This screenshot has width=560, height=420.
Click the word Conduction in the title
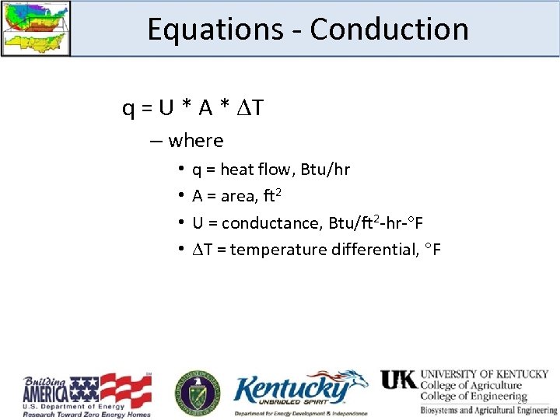(389, 30)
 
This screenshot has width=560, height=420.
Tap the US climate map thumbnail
(36, 28)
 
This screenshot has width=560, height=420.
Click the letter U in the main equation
(166, 108)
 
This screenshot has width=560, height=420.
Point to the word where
(195, 141)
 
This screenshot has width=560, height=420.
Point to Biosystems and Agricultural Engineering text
(488, 410)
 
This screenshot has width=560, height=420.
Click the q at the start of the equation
(128, 108)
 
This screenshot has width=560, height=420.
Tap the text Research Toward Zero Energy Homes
(86, 414)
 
